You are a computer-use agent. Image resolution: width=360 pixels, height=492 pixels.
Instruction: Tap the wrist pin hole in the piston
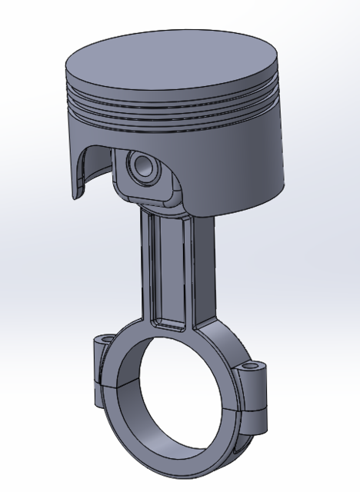144,165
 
